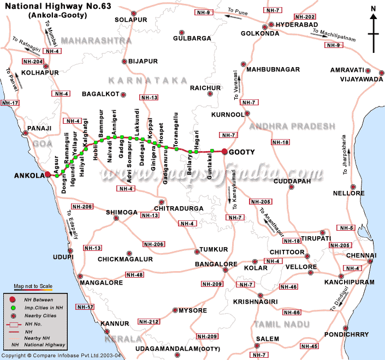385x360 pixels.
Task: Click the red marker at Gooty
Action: pos(224,152)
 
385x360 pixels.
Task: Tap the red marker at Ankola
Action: pos(48,175)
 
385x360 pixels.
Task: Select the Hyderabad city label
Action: pos(295,25)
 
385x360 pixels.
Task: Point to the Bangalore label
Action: pos(217,265)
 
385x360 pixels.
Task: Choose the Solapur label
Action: pos(131,20)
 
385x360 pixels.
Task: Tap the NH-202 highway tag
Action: pos(304,17)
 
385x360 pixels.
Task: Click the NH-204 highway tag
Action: pos(31,61)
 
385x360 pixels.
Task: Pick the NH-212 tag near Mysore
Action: pos(147,322)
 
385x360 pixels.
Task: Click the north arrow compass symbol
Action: pos(373,27)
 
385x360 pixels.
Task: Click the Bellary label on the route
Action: pos(190,164)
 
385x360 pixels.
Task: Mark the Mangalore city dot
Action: pos(80,276)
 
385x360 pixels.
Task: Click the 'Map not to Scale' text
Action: pos(33,286)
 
